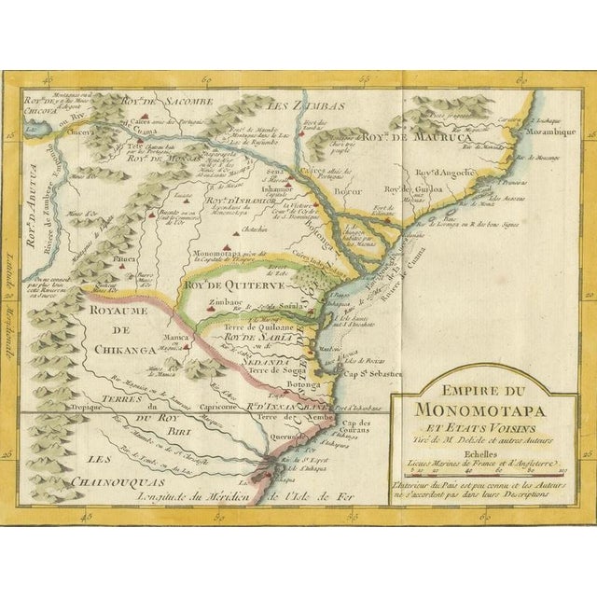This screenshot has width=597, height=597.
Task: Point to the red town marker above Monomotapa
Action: (226, 243)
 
